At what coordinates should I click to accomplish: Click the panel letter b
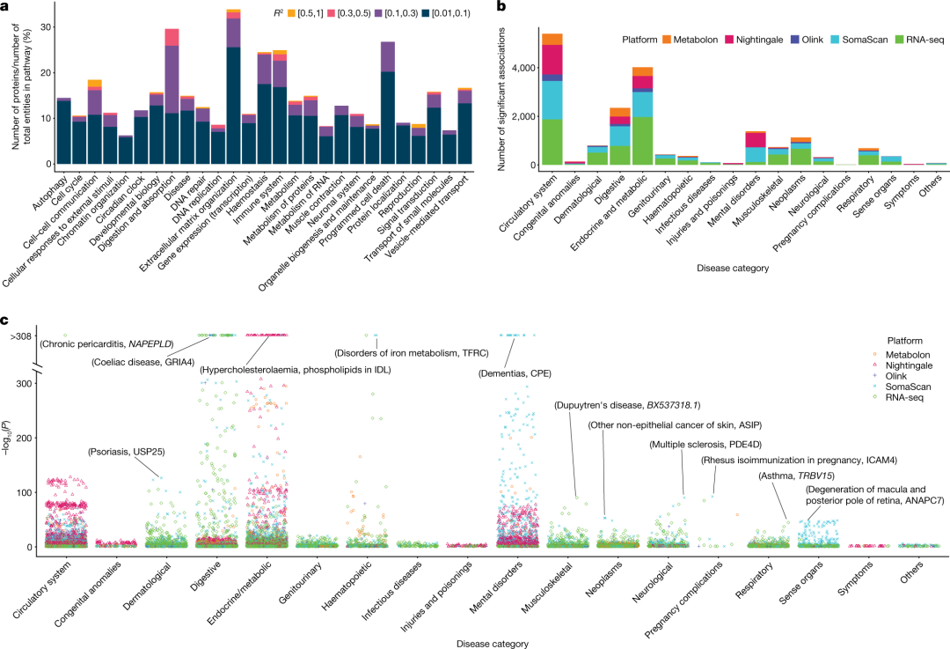click(x=501, y=7)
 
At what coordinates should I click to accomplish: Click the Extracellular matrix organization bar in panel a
click(x=233, y=88)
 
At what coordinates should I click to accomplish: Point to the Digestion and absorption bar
click(x=172, y=97)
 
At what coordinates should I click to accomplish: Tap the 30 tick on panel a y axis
click(x=41, y=26)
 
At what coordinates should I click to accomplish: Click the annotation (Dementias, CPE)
click(x=514, y=372)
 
